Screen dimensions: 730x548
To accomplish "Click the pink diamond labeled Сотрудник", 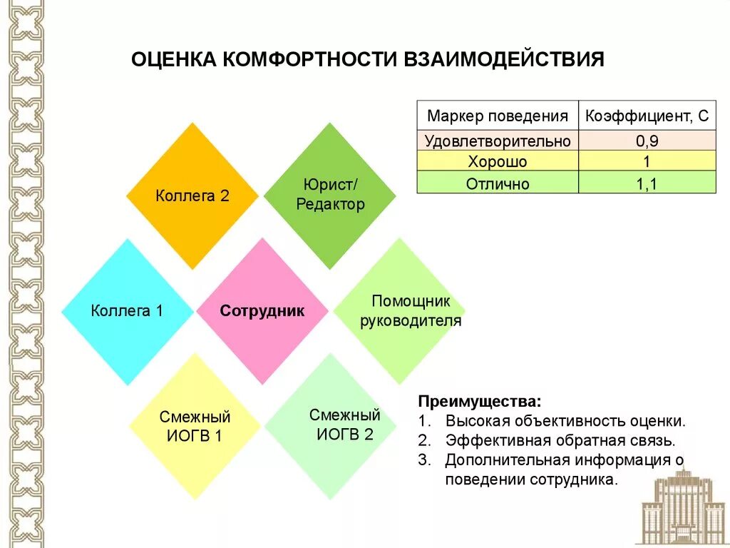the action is [262, 311].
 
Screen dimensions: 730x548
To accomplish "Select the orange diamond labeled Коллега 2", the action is [192, 196].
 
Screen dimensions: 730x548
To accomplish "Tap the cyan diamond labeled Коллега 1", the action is [128, 311].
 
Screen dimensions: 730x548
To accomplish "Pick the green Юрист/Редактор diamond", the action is [329, 196].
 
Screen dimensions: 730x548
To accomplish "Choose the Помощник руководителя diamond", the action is [399, 311].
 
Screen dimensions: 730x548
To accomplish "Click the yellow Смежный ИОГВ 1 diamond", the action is [195, 426].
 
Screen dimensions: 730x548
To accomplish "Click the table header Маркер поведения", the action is [497, 116].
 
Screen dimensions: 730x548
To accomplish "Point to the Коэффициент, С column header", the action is [647, 116].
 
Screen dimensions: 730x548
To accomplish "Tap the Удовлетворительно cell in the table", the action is [497, 141].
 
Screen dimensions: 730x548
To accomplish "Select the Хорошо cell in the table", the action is [497, 161].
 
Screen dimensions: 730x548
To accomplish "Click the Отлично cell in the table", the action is [497, 183].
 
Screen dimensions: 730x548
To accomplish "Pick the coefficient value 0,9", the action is [647, 141].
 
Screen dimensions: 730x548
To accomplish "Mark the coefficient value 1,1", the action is [647, 183].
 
